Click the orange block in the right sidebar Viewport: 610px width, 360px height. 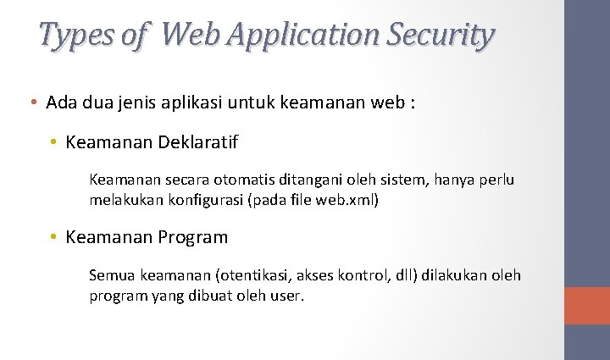586,306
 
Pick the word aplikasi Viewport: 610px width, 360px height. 196,103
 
